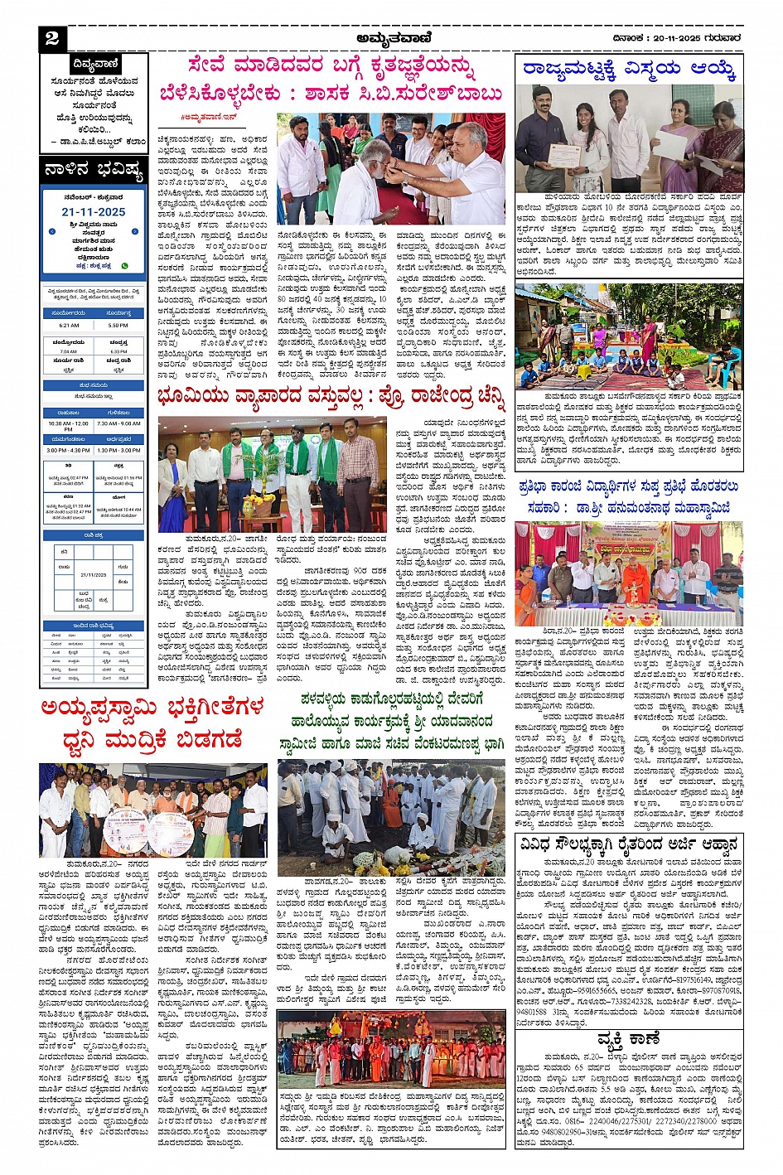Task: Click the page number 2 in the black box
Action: click(x=52, y=38)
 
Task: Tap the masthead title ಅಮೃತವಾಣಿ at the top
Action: click(x=391, y=37)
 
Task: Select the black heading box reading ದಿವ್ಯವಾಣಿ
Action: click(x=95, y=64)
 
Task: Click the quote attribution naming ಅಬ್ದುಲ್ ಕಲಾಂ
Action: click(x=98, y=142)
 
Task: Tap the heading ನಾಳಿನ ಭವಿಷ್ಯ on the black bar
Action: click(x=94, y=172)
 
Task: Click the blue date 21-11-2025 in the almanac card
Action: click(x=94, y=212)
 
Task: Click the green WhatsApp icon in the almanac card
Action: click(x=125, y=266)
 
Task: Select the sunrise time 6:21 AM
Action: click(x=69, y=326)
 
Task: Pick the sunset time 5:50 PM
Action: click(x=118, y=326)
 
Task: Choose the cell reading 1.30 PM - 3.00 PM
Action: click(x=118, y=450)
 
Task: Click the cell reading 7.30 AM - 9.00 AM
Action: click(x=118, y=423)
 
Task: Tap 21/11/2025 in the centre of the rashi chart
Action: click(x=94, y=574)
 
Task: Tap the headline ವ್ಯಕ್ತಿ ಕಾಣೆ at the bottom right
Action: click(x=628, y=1038)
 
